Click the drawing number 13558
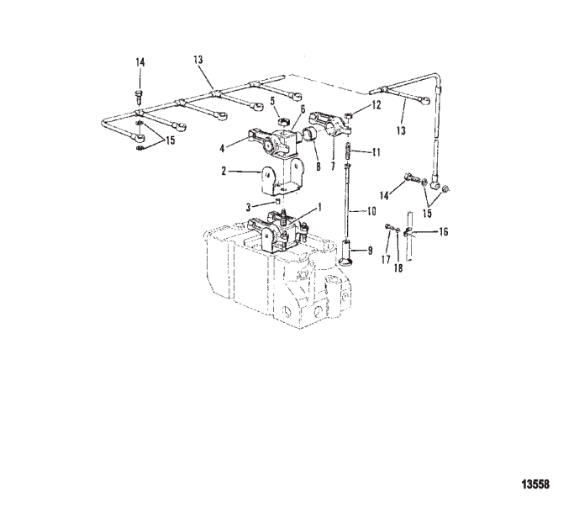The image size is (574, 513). pyautogui.click(x=535, y=484)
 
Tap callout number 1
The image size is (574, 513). pyautogui.click(x=319, y=208)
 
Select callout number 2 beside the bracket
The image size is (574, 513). pyautogui.click(x=224, y=171)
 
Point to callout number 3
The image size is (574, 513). pyautogui.click(x=249, y=208)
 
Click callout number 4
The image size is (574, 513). pyautogui.click(x=222, y=148)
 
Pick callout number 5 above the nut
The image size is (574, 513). pyautogui.click(x=273, y=101)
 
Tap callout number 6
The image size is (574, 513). pyautogui.click(x=303, y=108)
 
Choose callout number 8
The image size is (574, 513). pyautogui.click(x=319, y=167)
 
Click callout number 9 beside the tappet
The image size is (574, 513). pyautogui.click(x=370, y=251)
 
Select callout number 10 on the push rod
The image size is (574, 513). pyautogui.click(x=371, y=211)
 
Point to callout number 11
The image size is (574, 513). pyautogui.click(x=376, y=152)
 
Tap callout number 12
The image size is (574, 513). pyautogui.click(x=376, y=105)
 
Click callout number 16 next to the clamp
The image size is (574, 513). pyautogui.click(x=443, y=232)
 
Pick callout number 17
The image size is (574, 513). pyautogui.click(x=386, y=260)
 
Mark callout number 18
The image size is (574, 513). pyautogui.click(x=398, y=268)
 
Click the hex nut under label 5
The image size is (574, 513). pyautogui.click(x=282, y=121)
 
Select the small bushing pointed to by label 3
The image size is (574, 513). pyautogui.click(x=277, y=201)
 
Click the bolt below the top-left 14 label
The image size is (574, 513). pyautogui.click(x=140, y=97)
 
